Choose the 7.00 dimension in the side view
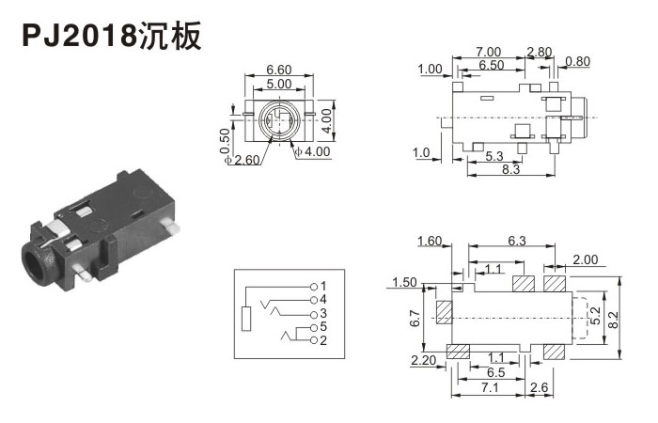pyautogui.click(x=488, y=51)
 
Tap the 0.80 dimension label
pyautogui.click(x=578, y=63)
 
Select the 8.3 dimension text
pyautogui.click(x=511, y=168)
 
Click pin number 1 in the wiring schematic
pyautogui.click(x=322, y=285)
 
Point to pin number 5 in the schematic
pyautogui.click(x=322, y=326)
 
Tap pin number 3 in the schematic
pyautogui.click(x=322, y=312)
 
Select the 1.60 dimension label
pyautogui.click(x=430, y=242)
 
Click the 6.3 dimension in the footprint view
pyautogui.click(x=516, y=242)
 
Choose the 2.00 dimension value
pyautogui.click(x=584, y=259)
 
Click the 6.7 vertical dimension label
pyautogui.click(x=415, y=320)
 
